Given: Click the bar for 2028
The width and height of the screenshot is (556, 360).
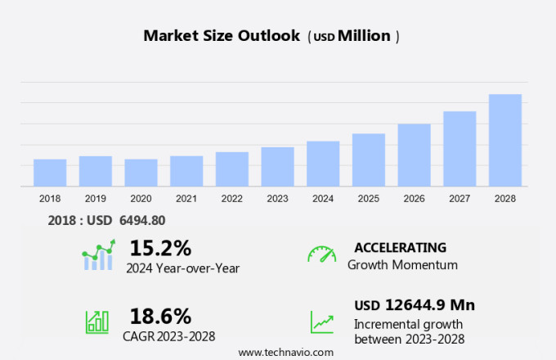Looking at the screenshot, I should [505, 140].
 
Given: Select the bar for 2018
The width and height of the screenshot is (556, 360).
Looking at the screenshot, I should [50, 173].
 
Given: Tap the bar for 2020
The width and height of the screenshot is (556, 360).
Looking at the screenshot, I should [141, 173].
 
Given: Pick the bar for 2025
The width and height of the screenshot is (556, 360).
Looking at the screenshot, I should [369, 160].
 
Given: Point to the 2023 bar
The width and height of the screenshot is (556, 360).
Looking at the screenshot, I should [277, 167].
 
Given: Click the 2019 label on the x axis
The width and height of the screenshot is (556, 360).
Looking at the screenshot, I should [96, 198].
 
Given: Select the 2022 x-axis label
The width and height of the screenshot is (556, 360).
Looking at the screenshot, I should [231, 198].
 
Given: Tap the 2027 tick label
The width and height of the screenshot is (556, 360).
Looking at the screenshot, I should [460, 198].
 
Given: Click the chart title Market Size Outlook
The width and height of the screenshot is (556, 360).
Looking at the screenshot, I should [222, 36].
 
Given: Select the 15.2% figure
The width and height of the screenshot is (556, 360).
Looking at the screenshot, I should [160, 248].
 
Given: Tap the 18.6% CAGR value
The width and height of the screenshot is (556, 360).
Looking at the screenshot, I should [160, 316].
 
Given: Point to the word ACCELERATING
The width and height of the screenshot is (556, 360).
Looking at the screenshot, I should [400, 247].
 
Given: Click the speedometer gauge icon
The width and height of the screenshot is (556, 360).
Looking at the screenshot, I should [321, 254].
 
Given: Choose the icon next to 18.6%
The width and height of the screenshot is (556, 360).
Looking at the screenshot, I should [97, 322].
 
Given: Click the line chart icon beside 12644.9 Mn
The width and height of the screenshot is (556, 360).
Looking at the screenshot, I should [321, 322].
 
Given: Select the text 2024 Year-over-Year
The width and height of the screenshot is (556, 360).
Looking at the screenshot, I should [182, 267].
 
